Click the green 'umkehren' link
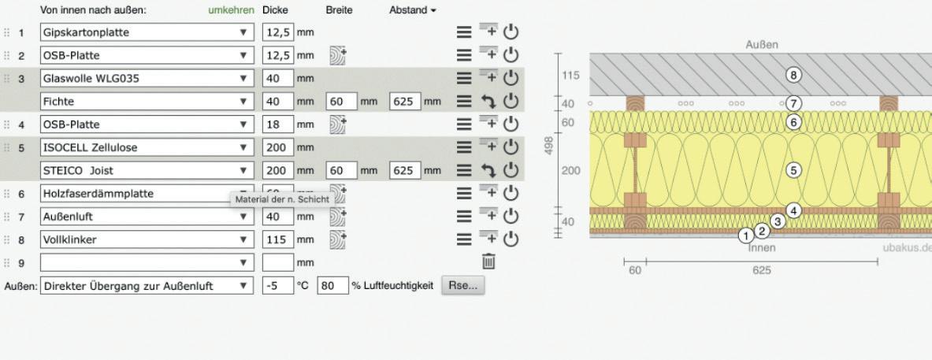[x=231, y=10]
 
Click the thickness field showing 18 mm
[x=277, y=124]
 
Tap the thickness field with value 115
[x=277, y=239]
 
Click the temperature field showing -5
[x=277, y=285]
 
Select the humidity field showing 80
[x=332, y=285]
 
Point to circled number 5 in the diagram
[x=794, y=169]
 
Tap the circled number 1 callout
[x=745, y=235]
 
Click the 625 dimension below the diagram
[x=761, y=269]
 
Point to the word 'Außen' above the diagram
[x=762, y=45]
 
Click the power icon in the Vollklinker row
[x=510, y=239]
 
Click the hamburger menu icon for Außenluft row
[x=465, y=216]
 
